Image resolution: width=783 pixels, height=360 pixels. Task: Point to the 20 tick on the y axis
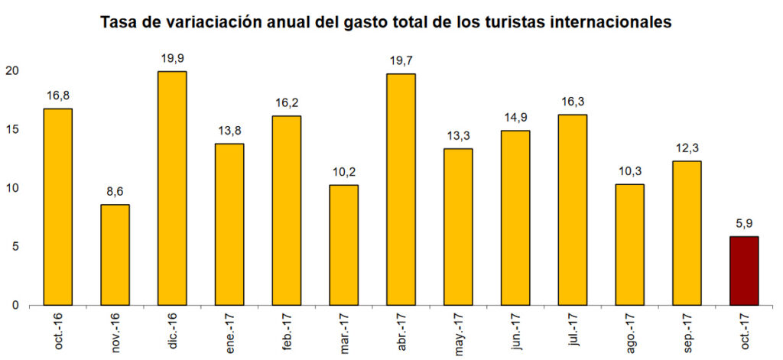tap(11, 70)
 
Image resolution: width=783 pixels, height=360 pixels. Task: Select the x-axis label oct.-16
tap(60, 331)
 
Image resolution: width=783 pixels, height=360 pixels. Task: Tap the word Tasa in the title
tap(119, 22)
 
